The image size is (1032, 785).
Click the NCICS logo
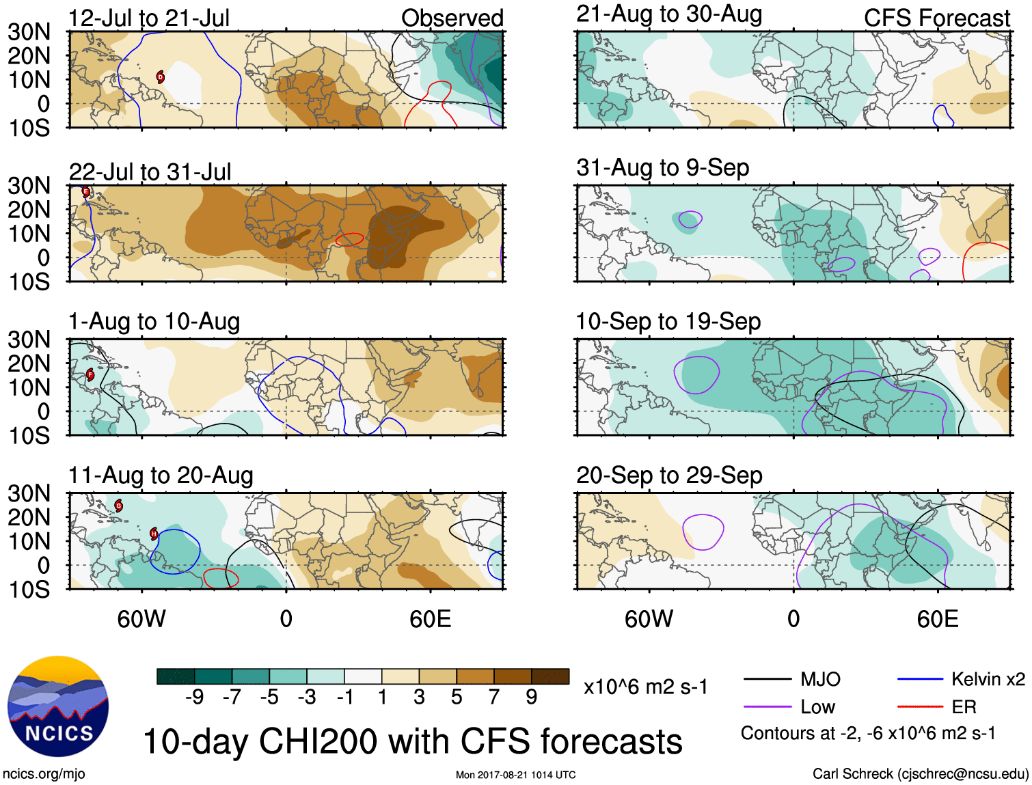coord(58,706)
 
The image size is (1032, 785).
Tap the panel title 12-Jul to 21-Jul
coord(149,18)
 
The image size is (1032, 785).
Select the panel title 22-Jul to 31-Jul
coord(150,171)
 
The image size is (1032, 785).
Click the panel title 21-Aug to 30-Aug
coord(669,14)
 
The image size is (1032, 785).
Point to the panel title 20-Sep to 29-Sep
coord(669,475)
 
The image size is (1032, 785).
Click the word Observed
coord(452,18)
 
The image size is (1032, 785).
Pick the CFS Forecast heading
coord(936,18)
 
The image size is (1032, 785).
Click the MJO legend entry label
coord(820,679)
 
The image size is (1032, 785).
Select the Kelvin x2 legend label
coord(988,679)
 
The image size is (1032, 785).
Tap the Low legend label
coord(817,707)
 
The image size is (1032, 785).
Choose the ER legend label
coord(964,707)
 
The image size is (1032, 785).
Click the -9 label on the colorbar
coord(194,697)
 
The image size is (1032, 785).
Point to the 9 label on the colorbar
coord(532,697)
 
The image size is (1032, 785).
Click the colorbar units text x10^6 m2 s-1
coord(645,687)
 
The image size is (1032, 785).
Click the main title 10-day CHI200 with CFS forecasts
coord(412,741)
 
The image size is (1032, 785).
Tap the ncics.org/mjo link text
coord(44,773)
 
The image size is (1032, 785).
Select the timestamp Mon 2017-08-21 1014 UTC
coord(515,775)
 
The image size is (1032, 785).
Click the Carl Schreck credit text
coord(920,773)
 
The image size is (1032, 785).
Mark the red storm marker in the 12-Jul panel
coord(161,77)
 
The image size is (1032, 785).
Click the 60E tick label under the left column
coord(430,619)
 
